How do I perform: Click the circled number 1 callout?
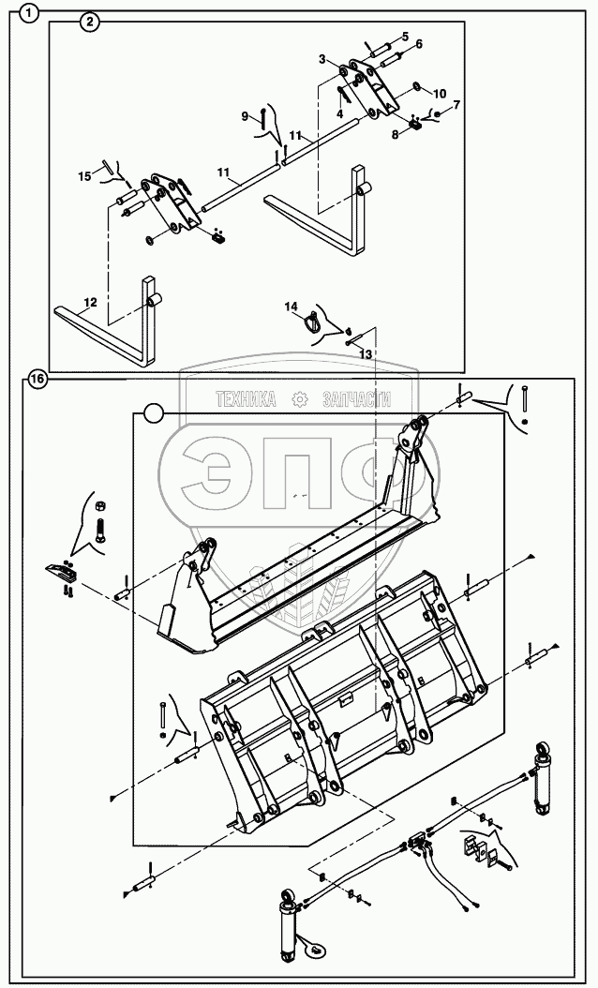(x=30, y=13)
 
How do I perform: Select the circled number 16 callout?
(x=36, y=380)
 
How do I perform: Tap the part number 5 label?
(x=405, y=37)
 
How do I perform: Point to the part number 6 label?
(x=418, y=44)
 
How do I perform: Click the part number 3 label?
(x=322, y=59)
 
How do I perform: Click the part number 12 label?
(x=90, y=302)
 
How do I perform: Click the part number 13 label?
(x=366, y=353)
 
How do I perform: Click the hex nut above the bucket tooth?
(x=99, y=507)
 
